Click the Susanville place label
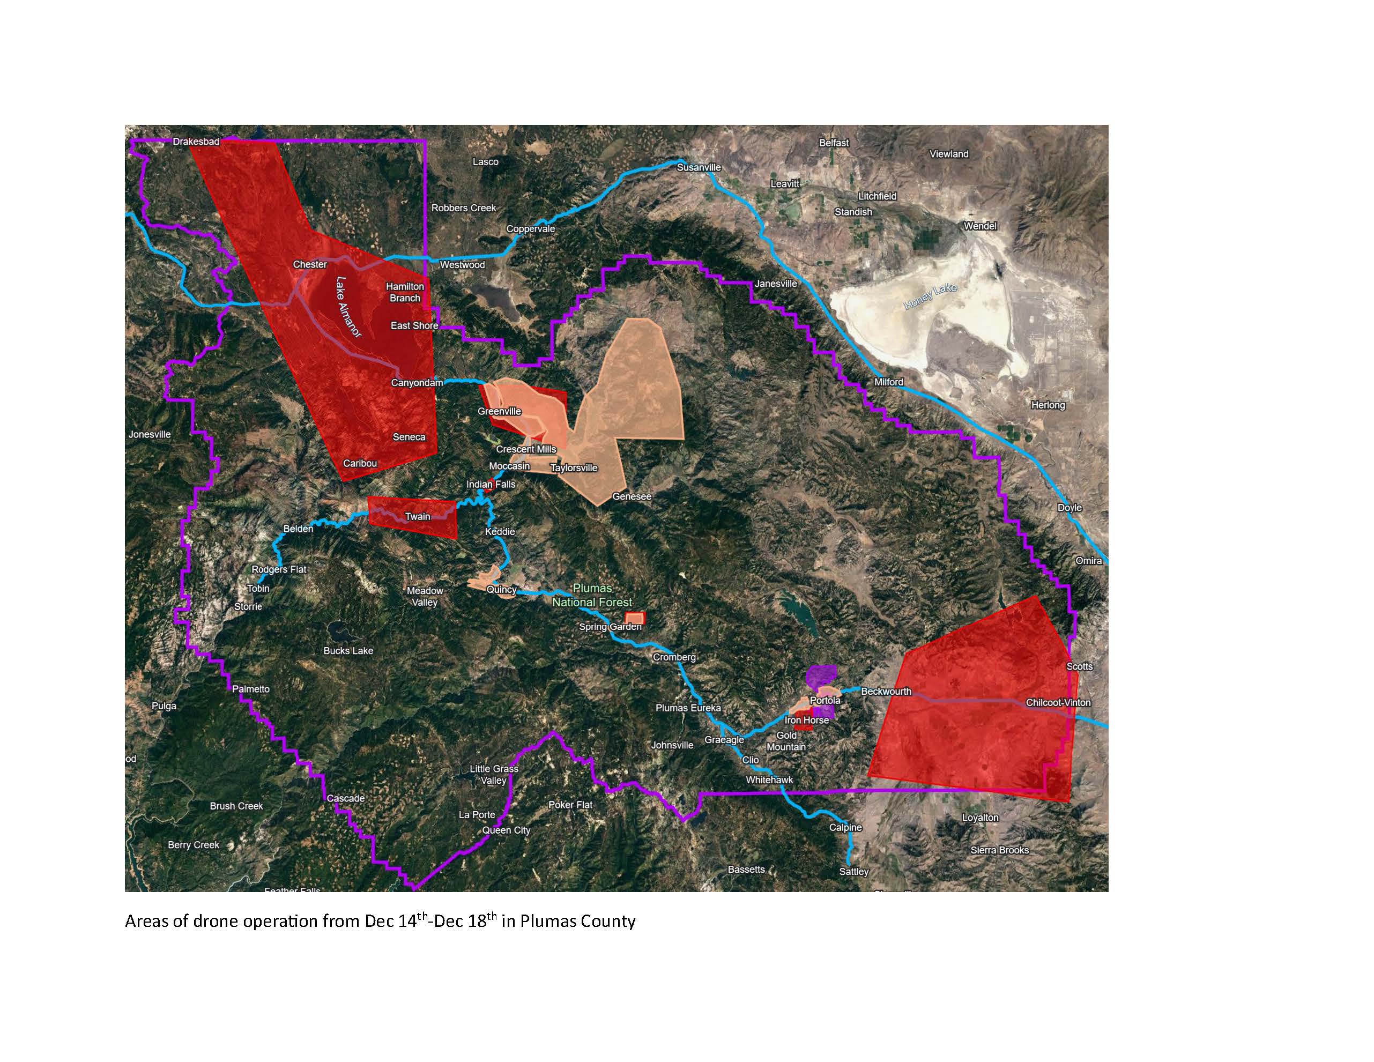pos(699,167)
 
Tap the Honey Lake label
pos(931,296)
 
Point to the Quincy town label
pos(501,590)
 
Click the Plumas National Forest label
pos(592,595)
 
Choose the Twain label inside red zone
pos(417,517)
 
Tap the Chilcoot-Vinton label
pos(1058,703)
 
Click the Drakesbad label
pos(196,142)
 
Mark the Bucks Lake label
pos(348,650)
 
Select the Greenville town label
pos(500,412)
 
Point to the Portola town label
pos(825,700)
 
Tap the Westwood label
pos(463,265)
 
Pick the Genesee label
pos(632,496)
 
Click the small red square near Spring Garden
pos(634,617)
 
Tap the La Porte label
pos(477,815)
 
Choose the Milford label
pos(888,382)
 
